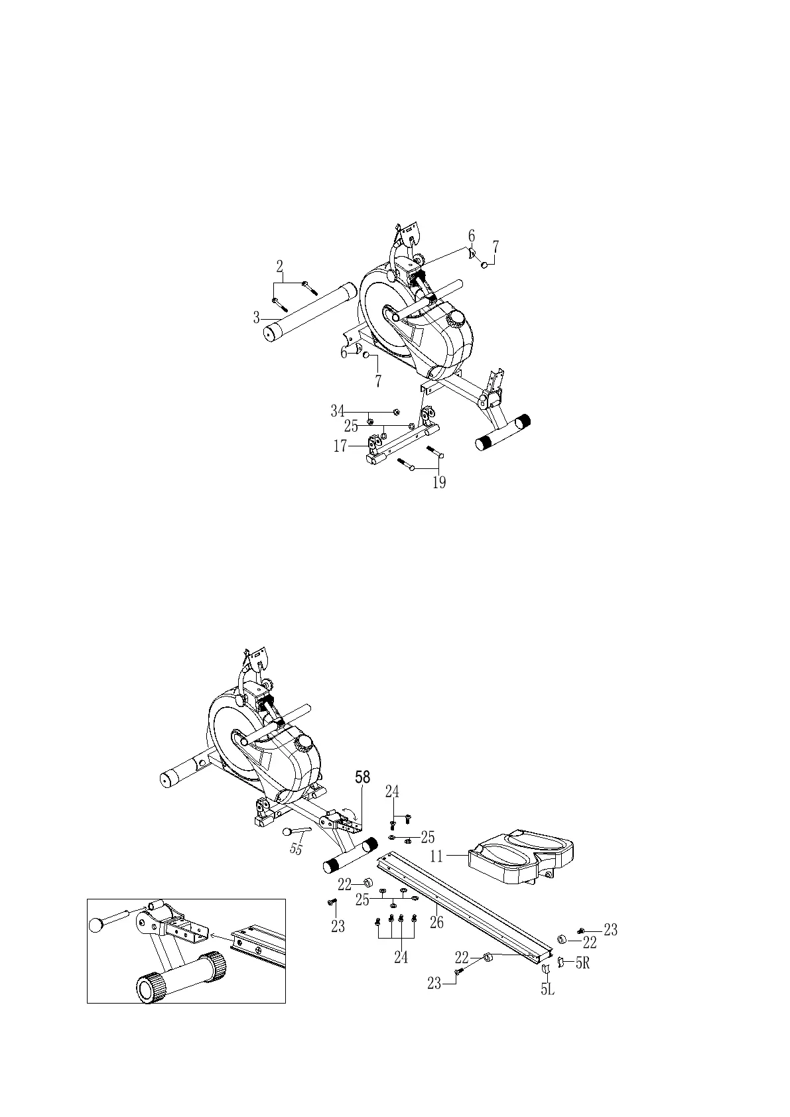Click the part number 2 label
(280, 267)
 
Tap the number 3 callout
(256, 318)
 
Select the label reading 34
(338, 411)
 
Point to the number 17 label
(340, 447)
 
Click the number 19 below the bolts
(439, 482)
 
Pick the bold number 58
(363, 777)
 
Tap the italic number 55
(296, 849)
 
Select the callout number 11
(436, 856)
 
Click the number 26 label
(436, 922)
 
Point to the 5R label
(582, 963)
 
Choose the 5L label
(547, 990)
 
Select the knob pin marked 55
(295, 832)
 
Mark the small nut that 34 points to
(396, 412)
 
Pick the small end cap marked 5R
(560, 962)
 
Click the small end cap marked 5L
(547, 970)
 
